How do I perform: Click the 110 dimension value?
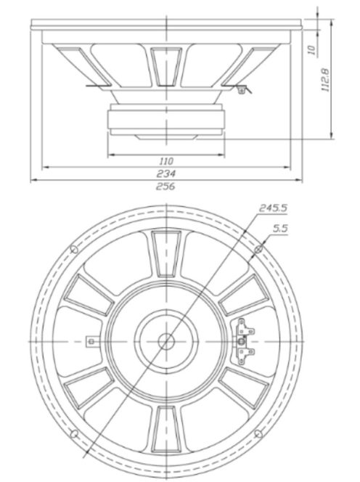tap(166, 160)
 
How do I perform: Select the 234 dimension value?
tap(166, 173)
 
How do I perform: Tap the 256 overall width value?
tap(166, 186)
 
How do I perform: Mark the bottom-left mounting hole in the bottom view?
tap(74, 433)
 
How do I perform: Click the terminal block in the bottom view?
tap(242, 340)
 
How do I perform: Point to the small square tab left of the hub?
tap(90, 340)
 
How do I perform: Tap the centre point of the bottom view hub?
tap(166, 340)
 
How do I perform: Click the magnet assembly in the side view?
tap(166, 118)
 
